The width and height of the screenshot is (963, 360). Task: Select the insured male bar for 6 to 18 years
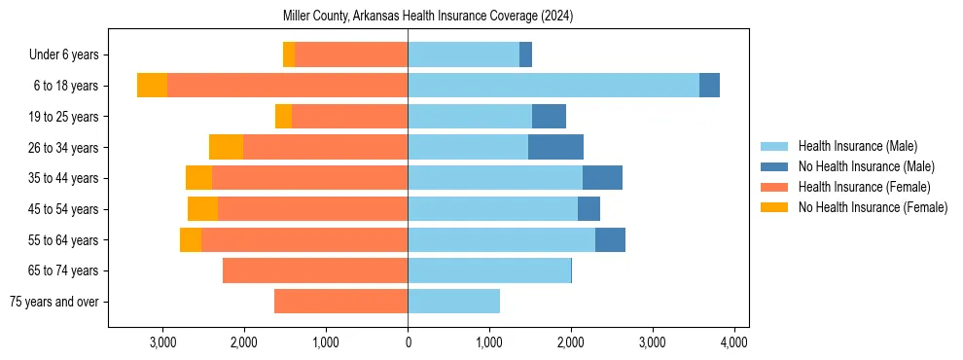[x=553, y=86]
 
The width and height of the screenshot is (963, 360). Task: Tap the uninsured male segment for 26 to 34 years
[x=555, y=147]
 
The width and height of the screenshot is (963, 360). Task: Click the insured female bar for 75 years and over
[x=340, y=302]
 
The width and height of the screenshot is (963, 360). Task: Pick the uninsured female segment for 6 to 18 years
[x=152, y=86]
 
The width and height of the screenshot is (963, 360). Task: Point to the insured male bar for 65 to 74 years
[x=488, y=270]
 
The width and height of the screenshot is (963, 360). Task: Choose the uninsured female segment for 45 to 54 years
[x=202, y=209]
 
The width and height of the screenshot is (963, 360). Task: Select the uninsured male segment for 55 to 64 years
[x=610, y=239]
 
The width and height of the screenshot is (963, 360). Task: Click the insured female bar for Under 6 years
[x=350, y=54]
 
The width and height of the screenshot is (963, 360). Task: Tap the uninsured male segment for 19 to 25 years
[x=549, y=117]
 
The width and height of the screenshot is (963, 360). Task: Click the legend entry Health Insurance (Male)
[x=857, y=146]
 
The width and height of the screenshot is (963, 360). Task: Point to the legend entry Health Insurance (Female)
[x=864, y=187]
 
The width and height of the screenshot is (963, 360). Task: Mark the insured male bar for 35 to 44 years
[x=494, y=178]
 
